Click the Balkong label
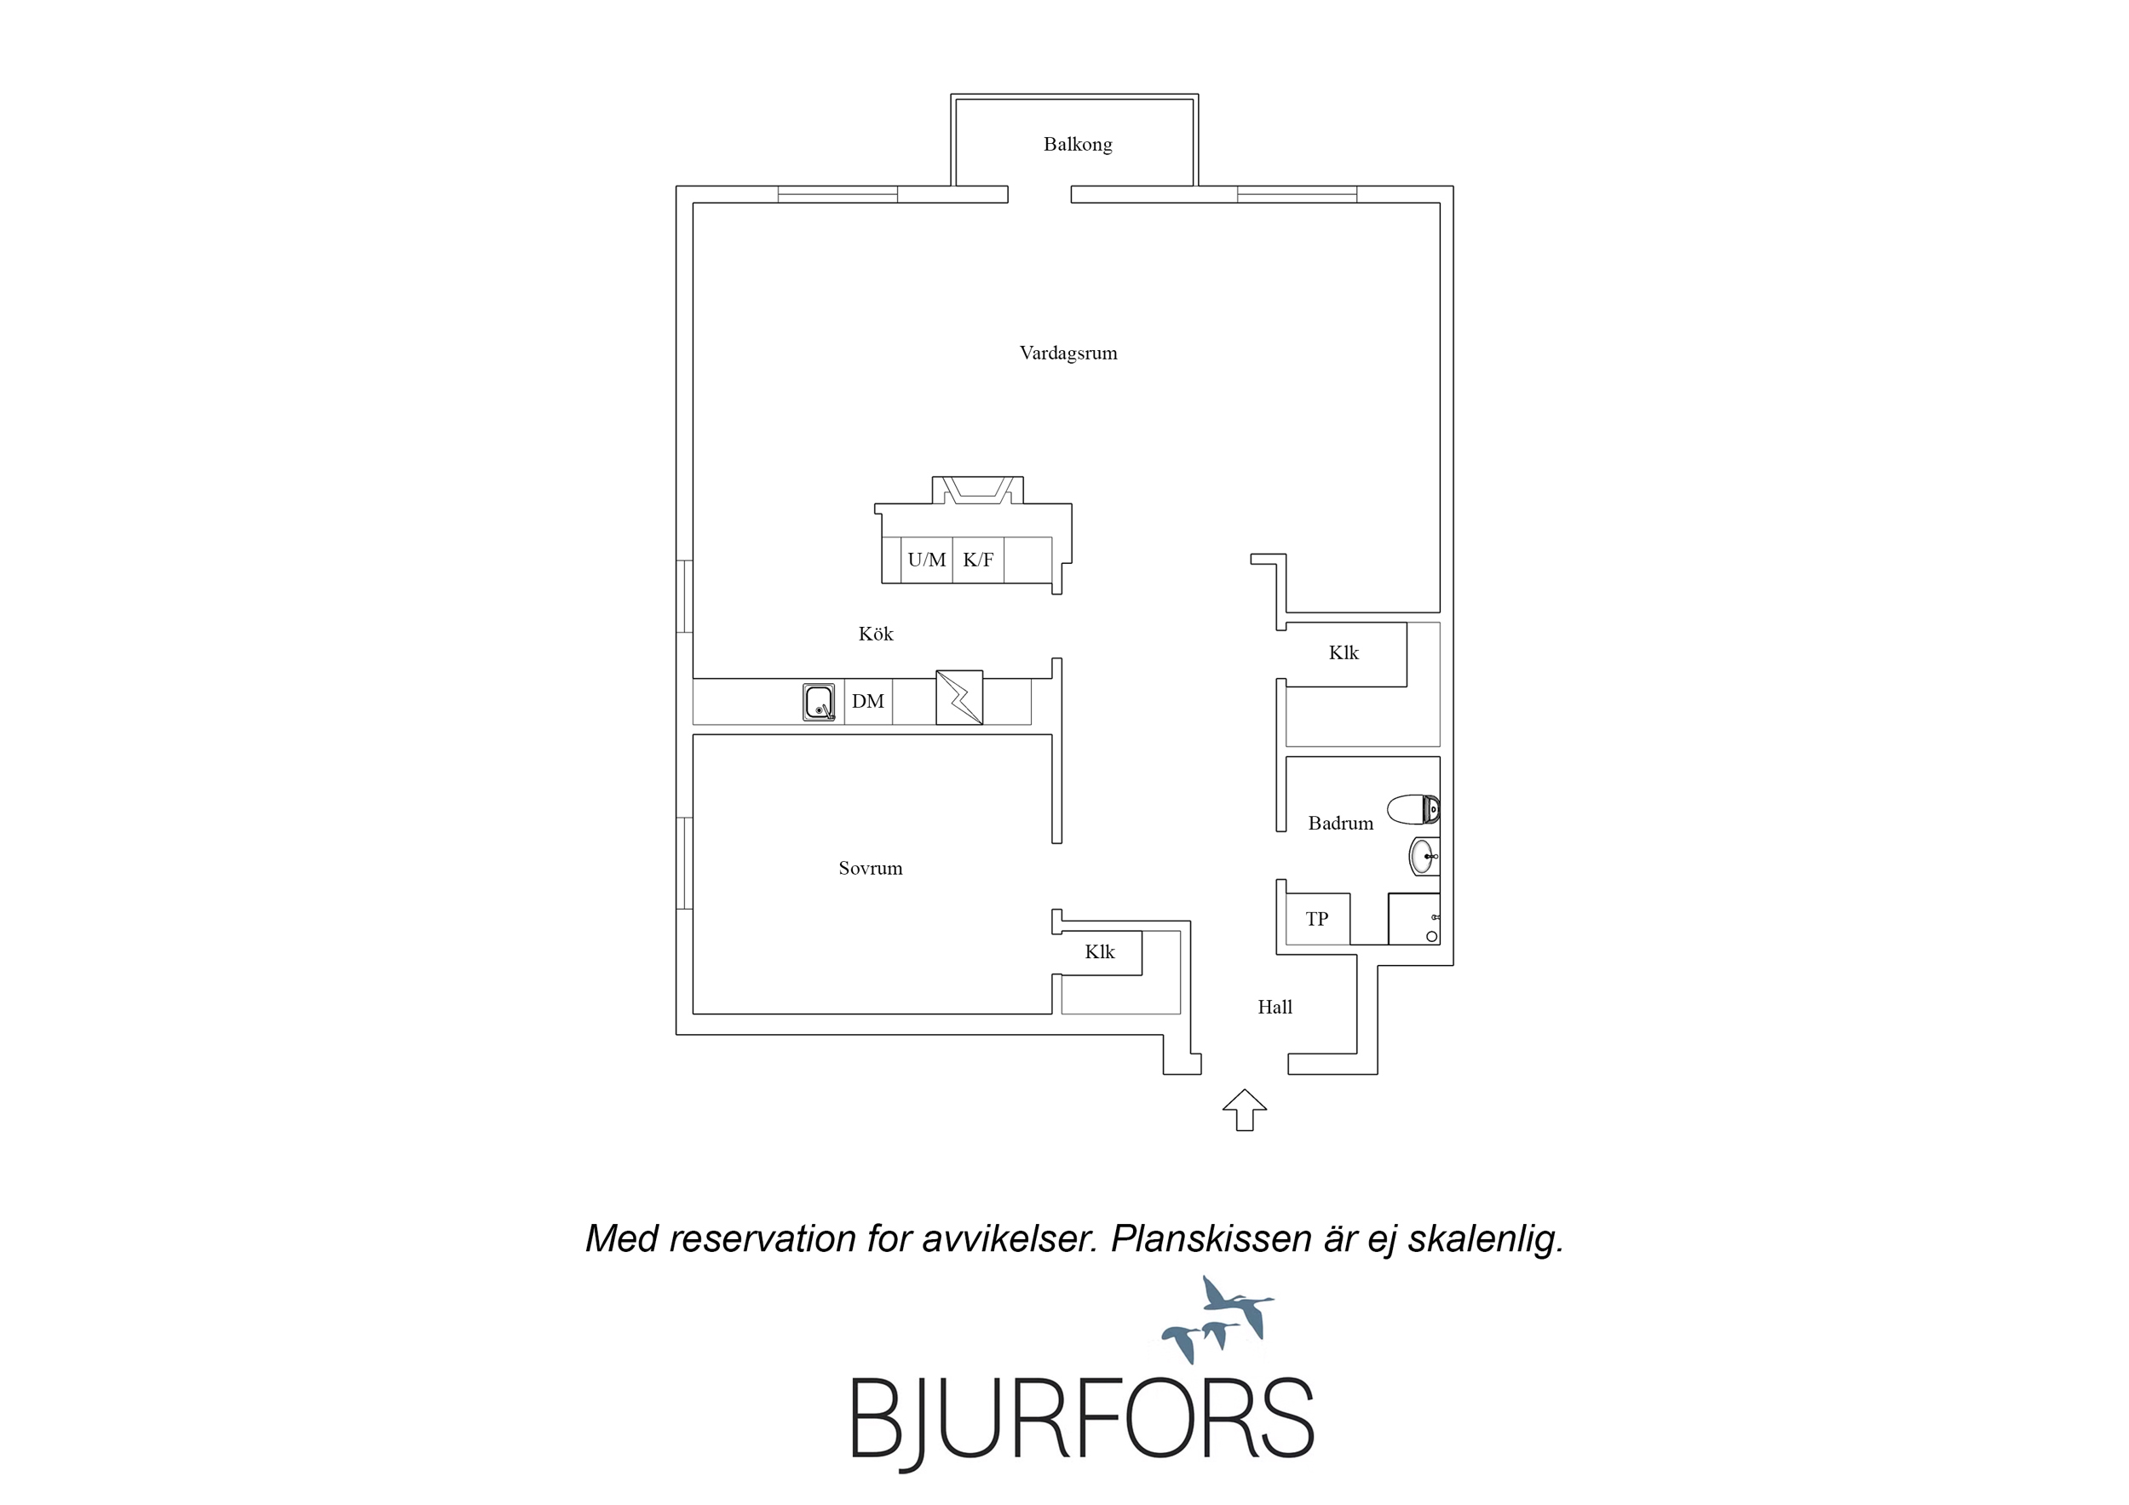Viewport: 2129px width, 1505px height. tap(1078, 145)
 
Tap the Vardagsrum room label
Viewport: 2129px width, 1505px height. tap(1068, 353)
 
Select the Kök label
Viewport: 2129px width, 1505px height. tap(875, 634)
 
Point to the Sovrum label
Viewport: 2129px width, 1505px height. tap(870, 868)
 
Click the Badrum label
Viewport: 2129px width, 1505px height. tap(1341, 823)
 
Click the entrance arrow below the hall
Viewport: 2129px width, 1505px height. tap(1245, 1109)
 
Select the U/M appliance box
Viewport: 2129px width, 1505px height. tap(927, 560)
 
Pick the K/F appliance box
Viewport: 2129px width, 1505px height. tap(978, 560)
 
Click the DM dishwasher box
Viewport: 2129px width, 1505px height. tap(868, 702)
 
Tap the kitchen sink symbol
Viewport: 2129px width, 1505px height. tap(819, 702)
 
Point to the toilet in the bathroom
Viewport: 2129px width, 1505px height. tap(1413, 809)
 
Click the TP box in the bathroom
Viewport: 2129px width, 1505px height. tap(1318, 919)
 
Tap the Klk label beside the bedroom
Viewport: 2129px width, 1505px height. tap(1100, 952)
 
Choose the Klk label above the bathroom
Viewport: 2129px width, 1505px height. tap(1344, 652)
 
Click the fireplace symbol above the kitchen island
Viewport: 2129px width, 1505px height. tap(977, 490)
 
